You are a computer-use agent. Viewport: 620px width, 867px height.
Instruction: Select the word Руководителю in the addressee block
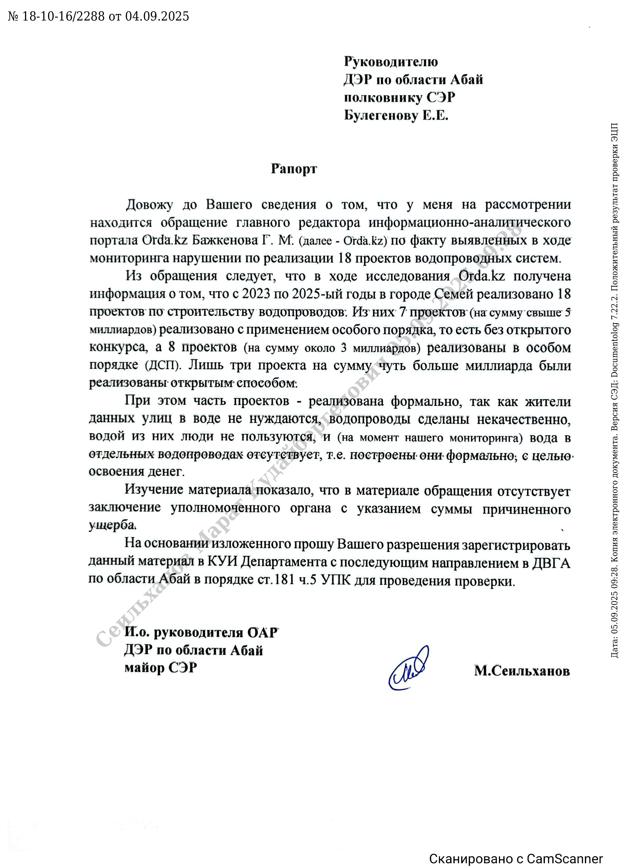click(391, 62)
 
